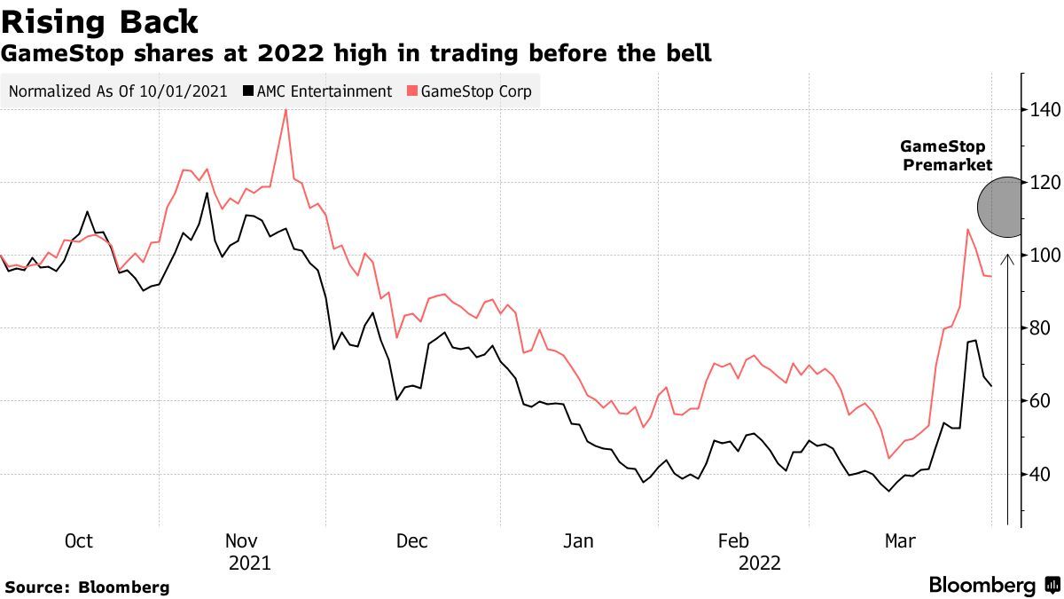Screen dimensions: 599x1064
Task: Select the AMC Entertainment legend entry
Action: pyautogui.click(x=317, y=91)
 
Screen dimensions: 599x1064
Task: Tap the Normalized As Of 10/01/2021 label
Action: pyautogui.click(x=118, y=91)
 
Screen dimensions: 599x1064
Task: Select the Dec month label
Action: pyautogui.click(x=412, y=541)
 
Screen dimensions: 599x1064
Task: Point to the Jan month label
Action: pyautogui.click(x=578, y=541)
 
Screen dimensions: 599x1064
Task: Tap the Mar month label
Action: pyautogui.click(x=901, y=541)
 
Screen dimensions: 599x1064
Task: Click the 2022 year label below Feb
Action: pyautogui.click(x=759, y=563)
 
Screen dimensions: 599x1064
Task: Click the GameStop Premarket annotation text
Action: pyautogui.click(x=945, y=155)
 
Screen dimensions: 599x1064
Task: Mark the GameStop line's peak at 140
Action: pyautogui.click(x=286, y=110)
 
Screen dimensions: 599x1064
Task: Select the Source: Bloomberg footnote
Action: pyautogui.click(x=87, y=587)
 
